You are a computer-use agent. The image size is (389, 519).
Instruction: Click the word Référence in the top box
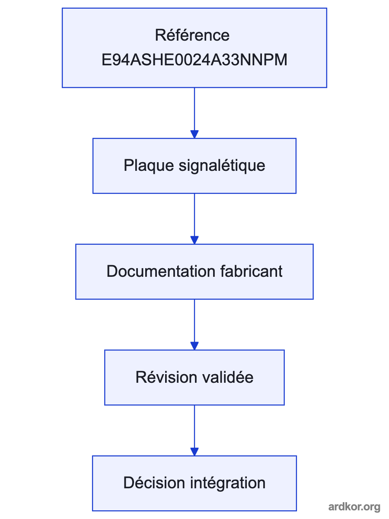(192, 35)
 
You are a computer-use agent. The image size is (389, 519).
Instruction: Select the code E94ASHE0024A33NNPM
(194, 60)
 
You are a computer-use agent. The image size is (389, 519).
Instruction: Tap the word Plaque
(149, 166)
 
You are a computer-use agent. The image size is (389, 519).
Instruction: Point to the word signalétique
(222, 166)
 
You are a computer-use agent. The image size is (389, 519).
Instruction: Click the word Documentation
(161, 271)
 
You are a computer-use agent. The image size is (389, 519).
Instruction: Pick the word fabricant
(251, 271)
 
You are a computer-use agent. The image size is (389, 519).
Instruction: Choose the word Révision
(166, 377)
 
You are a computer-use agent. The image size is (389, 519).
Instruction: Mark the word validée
(228, 377)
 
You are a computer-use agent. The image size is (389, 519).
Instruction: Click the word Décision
(154, 483)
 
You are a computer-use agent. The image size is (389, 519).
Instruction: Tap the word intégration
(228, 483)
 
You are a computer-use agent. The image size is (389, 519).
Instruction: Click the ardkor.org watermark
(354, 507)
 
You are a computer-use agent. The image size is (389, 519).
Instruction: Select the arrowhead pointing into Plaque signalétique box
(194, 135)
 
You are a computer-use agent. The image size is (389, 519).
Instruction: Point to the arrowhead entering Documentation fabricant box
(194, 240)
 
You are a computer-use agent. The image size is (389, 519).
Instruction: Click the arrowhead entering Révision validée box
(194, 346)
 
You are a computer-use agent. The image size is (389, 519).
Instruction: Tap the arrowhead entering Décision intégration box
(194, 452)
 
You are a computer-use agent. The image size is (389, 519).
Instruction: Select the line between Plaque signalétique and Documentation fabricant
(194, 215)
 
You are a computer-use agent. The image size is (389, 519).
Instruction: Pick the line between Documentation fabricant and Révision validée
(194, 321)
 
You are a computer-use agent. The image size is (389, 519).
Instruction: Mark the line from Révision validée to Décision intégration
(194, 427)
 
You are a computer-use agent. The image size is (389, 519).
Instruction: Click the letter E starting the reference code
(106, 60)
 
